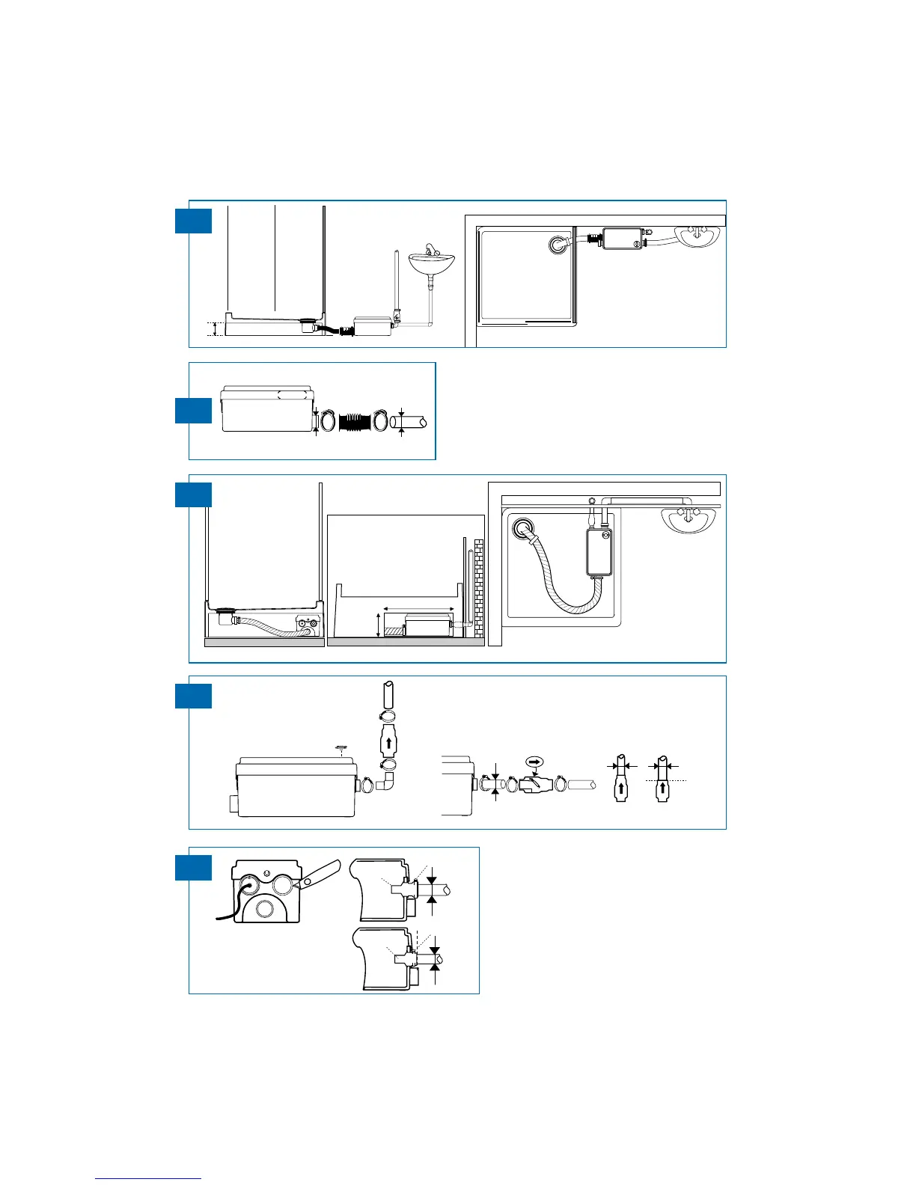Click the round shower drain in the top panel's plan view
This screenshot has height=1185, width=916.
click(558, 245)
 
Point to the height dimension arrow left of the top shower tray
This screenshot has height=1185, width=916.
click(216, 329)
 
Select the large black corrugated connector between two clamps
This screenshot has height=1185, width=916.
click(354, 422)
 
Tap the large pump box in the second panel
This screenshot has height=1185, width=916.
click(266, 410)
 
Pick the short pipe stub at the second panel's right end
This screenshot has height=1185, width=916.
click(414, 423)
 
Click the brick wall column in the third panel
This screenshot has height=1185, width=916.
click(479, 589)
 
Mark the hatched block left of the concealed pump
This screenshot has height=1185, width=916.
click(394, 629)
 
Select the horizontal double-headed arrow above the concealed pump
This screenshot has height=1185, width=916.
click(418, 608)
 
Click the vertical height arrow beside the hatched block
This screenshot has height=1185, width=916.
click(378, 624)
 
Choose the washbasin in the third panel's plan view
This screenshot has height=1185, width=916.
click(686, 519)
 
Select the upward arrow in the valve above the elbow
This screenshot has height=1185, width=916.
click(388, 744)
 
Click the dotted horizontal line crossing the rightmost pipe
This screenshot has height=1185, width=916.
click(672, 781)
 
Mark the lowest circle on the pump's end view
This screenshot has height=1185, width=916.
click(264, 910)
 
